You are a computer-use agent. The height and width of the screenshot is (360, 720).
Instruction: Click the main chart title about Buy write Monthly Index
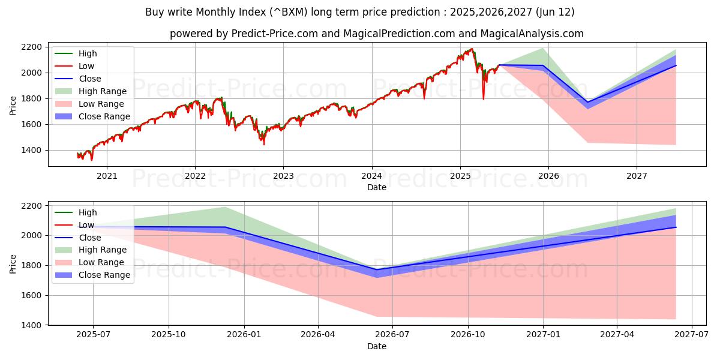coord(359,12)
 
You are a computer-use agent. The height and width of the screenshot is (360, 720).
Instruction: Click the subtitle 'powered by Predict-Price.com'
coord(376,34)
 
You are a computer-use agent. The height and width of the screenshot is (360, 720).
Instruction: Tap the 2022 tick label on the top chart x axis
coord(195,176)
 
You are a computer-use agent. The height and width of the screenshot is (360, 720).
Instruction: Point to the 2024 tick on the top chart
coord(371,176)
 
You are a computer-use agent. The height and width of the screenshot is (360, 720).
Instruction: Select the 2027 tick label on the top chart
coord(637,176)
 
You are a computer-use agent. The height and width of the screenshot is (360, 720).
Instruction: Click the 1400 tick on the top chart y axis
coord(31,151)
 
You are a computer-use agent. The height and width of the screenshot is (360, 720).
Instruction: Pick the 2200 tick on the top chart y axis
coord(31,47)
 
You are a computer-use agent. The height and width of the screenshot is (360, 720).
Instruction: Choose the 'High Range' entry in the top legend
coord(103,91)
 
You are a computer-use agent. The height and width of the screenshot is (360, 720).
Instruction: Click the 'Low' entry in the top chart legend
coord(86,66)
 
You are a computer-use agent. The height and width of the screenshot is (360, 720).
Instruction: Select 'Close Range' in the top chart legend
coord(104,116)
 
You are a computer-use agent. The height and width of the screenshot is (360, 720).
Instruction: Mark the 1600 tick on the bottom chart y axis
coord(31,295)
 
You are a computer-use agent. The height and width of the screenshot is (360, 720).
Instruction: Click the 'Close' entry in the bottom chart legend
coord(90,238)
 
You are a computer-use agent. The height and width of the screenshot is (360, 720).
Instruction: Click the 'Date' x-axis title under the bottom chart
coord(376,346)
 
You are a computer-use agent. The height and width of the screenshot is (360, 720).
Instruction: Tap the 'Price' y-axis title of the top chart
coord(13,105)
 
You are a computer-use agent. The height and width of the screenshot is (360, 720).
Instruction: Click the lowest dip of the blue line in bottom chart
coord(377,269)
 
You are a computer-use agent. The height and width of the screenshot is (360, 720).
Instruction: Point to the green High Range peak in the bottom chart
coord(225,207)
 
